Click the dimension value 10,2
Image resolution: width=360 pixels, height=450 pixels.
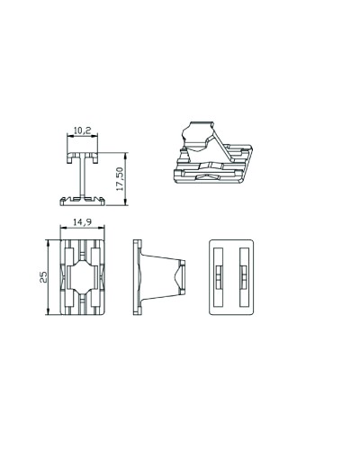[82, 130]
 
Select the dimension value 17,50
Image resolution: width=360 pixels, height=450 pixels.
[120, 179]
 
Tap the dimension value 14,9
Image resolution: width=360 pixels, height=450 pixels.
[83, 222]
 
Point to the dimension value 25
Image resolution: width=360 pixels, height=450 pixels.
[43, 277]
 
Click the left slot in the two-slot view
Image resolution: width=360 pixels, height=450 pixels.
[219, 277]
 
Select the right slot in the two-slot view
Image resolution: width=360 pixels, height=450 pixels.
[244, 277]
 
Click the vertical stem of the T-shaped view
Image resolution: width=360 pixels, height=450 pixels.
[83, 176]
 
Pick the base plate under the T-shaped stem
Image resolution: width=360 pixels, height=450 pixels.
[83, 202]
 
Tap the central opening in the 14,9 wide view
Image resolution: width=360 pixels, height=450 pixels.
[83, 277]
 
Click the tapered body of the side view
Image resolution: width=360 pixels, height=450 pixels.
[160, 277]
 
